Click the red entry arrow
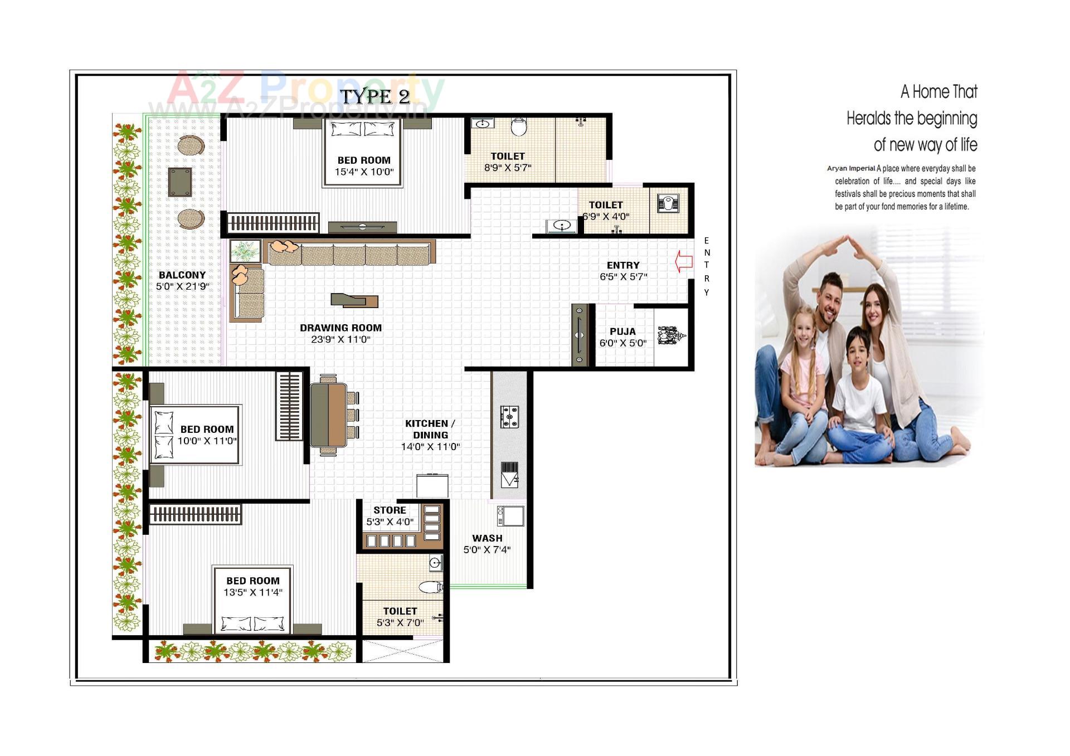coord(684,261)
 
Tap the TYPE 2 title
coord(375,96)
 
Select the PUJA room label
coord(622,331)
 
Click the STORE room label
coord(390,510)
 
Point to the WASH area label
coord(487,538)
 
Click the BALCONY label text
coord(182,275)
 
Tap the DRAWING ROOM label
coord(341,328)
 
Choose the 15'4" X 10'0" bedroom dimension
coord(364,172)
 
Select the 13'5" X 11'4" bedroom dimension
coord(253,593)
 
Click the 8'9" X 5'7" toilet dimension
coord(508,168)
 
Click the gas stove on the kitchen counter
coord(509,417)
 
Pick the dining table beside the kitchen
coord(328,415)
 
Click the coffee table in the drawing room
coord(354,301)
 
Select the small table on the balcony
coord(180,182)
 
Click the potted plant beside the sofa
coord(245,251)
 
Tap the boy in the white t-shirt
coord(858,390)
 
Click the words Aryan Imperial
coord(850,169)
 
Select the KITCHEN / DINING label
coord(430,429)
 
